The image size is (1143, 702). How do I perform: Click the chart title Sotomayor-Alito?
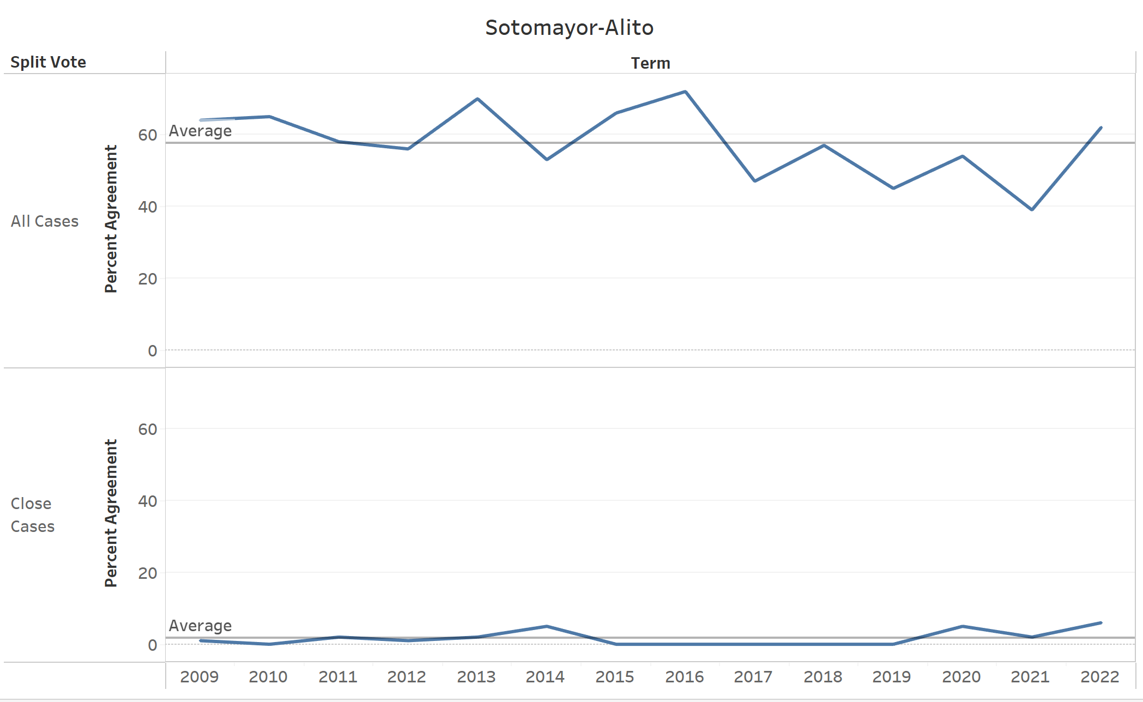569,27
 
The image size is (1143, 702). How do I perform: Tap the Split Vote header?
48,62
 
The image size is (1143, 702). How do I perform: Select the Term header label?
650,63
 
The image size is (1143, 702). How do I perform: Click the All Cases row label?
45,221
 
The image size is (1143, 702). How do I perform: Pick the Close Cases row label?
32,515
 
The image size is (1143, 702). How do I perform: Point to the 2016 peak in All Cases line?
685,92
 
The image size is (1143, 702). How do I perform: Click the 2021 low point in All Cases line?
1032,209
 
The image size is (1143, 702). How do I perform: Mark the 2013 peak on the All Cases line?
477,99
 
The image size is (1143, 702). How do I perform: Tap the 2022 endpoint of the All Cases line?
1101,128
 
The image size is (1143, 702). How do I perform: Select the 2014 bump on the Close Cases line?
547,626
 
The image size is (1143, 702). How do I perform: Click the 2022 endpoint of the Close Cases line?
1101,622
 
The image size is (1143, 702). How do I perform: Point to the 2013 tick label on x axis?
476,677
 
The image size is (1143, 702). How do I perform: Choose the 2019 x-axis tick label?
891,677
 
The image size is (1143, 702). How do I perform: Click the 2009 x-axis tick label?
199,677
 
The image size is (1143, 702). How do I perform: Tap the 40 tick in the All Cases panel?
147,207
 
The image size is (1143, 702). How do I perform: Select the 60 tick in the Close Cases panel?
147,429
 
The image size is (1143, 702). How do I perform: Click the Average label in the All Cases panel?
200,131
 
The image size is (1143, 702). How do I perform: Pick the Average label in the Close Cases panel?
200,626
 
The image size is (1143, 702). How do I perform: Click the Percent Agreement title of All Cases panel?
111,219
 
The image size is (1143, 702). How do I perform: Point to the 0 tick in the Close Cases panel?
152,645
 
